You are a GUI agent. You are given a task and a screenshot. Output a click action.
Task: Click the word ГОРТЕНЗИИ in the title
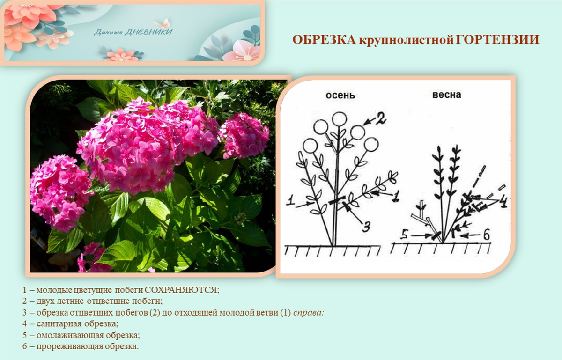[x=497, y=40]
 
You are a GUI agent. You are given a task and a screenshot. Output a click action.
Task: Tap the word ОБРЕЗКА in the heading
[x=324, y=40]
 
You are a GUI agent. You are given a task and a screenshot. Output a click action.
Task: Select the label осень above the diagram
[x=340, y=96]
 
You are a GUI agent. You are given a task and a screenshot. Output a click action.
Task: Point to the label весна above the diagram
[x=447, y=95]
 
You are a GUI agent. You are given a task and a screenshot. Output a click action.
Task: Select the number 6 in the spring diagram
[x=486, y=235]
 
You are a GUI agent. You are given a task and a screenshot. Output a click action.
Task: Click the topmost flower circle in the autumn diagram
[x=339, y=119]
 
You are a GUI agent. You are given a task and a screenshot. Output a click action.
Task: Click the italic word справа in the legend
[x=308, y=313]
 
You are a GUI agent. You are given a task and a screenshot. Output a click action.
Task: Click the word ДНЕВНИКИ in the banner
[x=148, y=32]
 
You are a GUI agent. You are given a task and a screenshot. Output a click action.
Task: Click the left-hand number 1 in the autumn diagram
[x=290, y=201]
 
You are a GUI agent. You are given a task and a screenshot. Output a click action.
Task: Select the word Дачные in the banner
[x=108, y=32]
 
